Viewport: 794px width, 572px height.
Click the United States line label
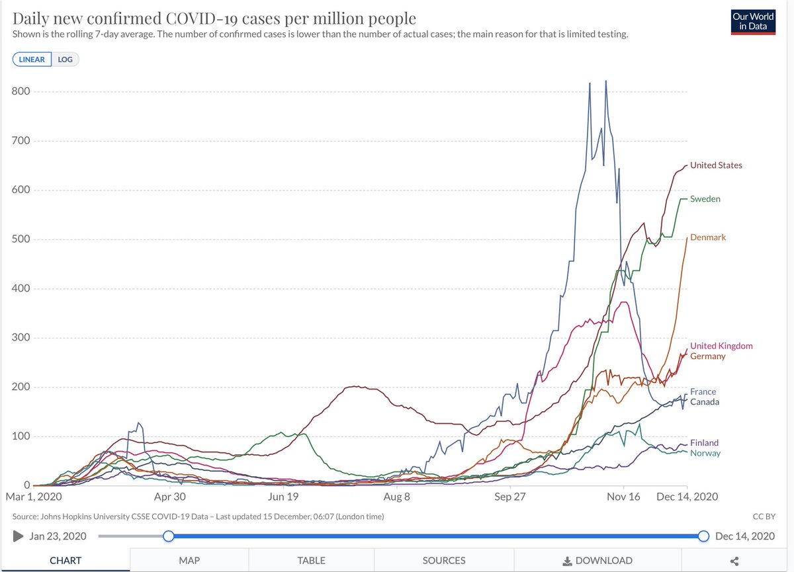tap(716, 165)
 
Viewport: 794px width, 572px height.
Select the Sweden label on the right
tap(705, 199)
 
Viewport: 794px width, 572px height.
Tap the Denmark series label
tap(707, 237)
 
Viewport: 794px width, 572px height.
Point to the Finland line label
tap(704, 443)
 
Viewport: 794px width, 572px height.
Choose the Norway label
tap(705, 454)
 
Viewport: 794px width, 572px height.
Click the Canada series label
tap(704, 402)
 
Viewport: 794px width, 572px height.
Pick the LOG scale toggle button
tap(65, 60)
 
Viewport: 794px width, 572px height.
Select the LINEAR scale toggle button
tap(32, 60)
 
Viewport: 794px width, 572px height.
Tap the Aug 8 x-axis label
tap(397, 497)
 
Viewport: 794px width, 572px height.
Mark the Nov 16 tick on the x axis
tap(623, 497)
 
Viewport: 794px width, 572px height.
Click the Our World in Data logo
tap(753, 22)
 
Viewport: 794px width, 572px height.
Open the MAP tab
tap(189, 560)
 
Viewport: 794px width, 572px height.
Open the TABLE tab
tap(311, 560)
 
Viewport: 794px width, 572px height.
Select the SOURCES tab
tap(443, 560)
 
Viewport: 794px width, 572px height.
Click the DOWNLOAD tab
tap(597, 560)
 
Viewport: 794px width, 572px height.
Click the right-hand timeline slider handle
tap(703, 536)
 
